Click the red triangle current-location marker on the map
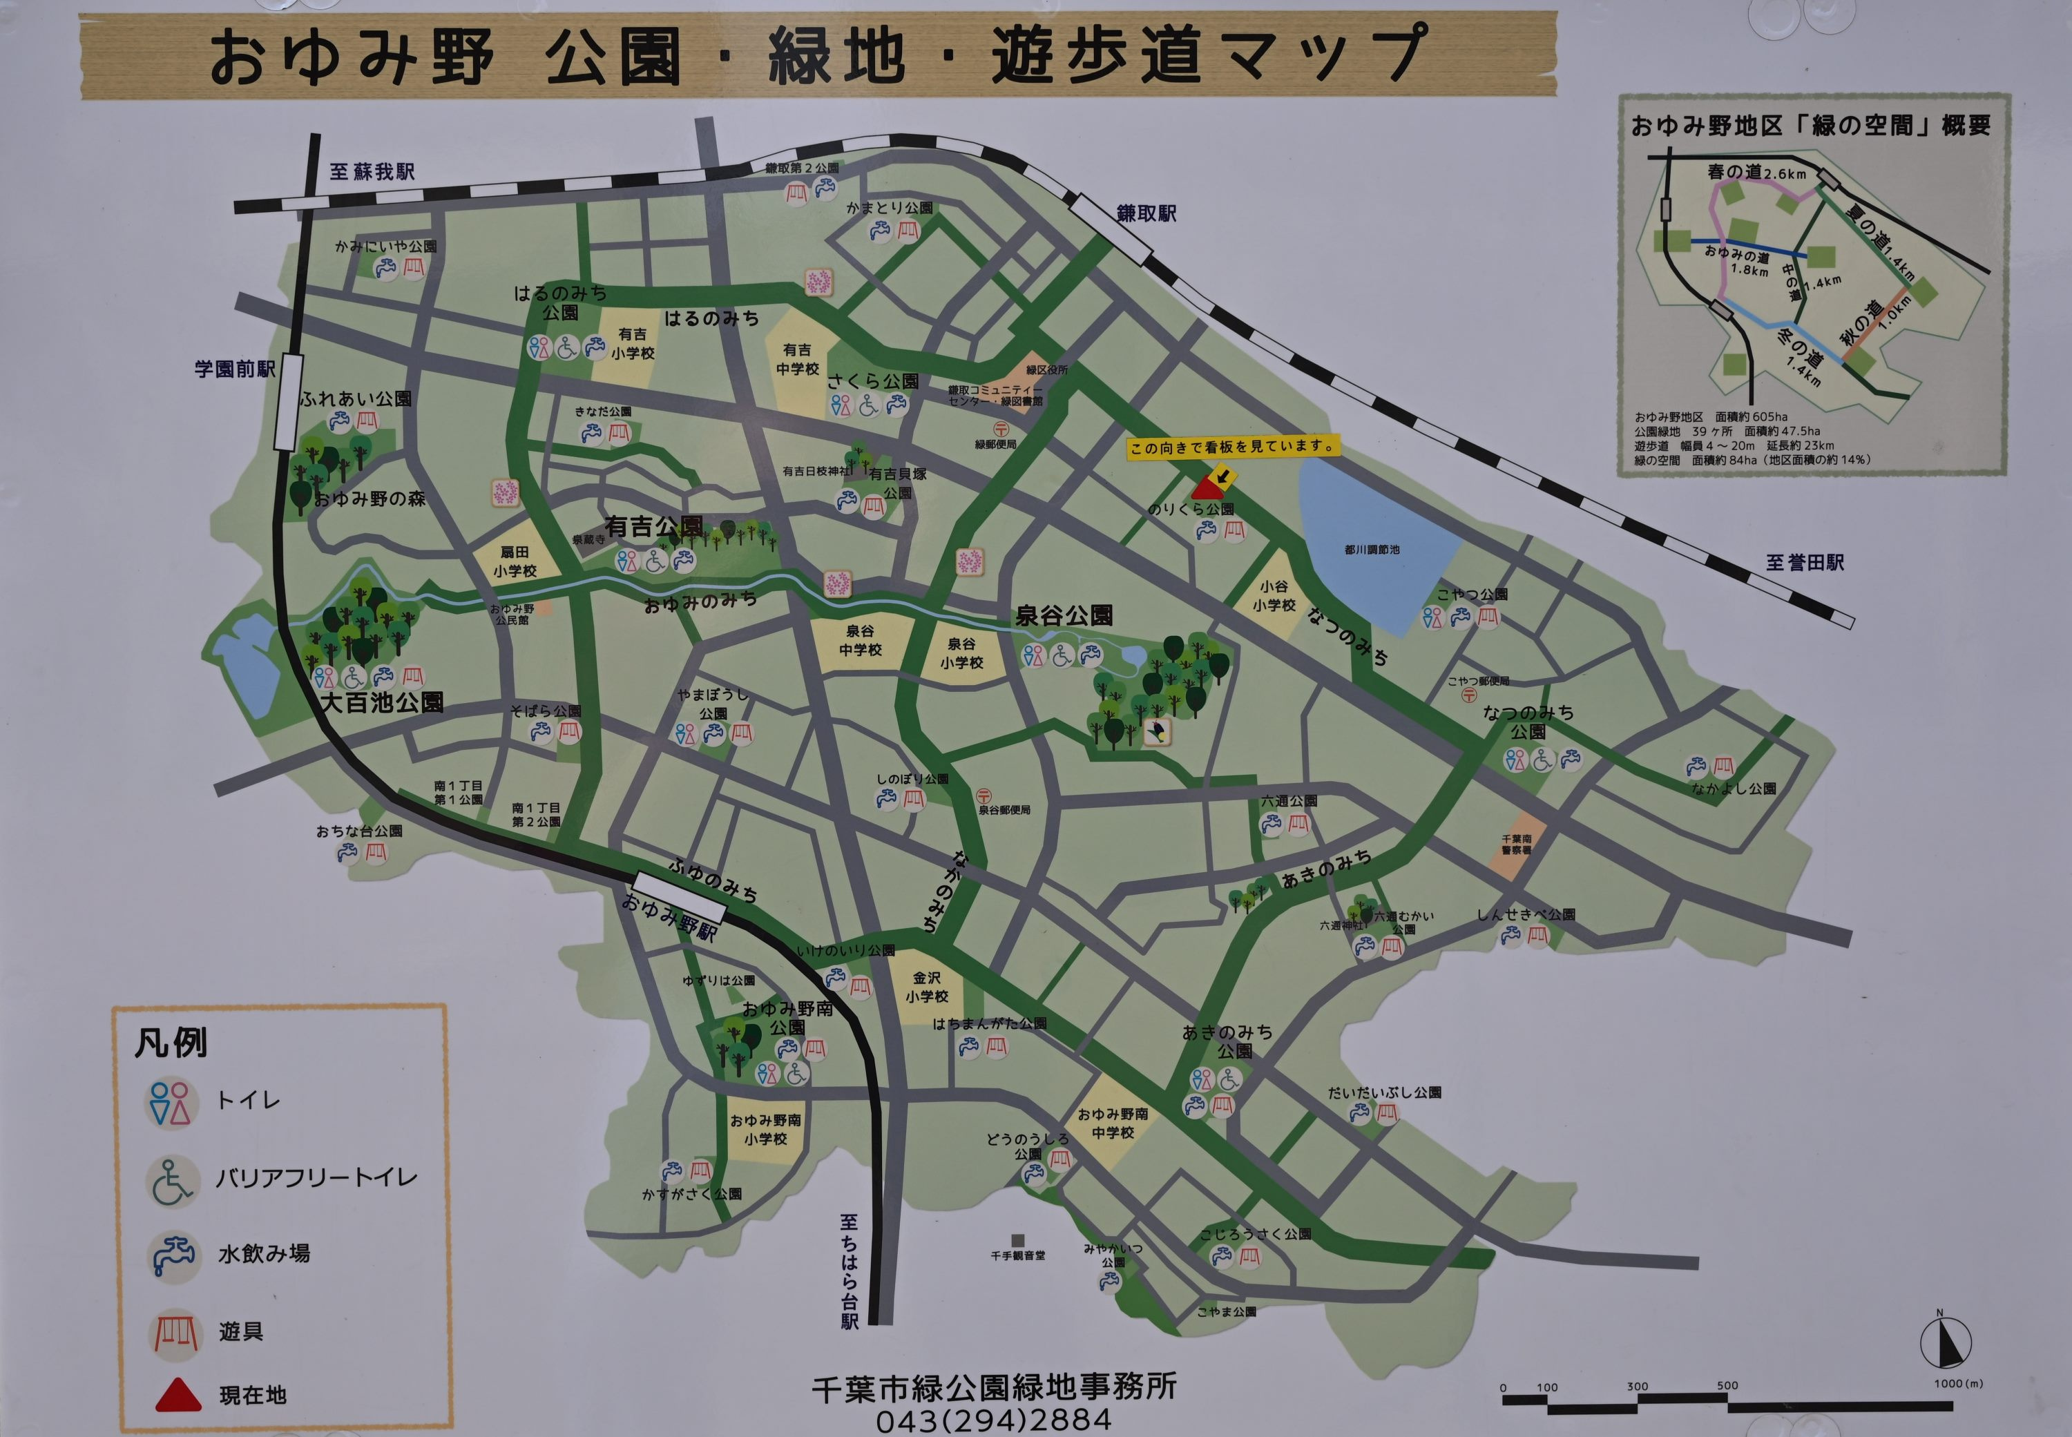click(1207, 488)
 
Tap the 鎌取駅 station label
click(1147, 213)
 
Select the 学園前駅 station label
click(234, 369)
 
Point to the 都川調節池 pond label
click(1372, 549)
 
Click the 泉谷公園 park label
click(1064, 616)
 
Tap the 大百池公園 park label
click(383, 702)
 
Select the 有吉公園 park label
click(654, 527)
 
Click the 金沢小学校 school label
click(927, 987)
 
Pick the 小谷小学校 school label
click(1274, 595)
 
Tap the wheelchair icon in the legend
click(172, 1180)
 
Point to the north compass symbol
click(1946, 1342)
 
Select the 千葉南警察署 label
click(1515, 844)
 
